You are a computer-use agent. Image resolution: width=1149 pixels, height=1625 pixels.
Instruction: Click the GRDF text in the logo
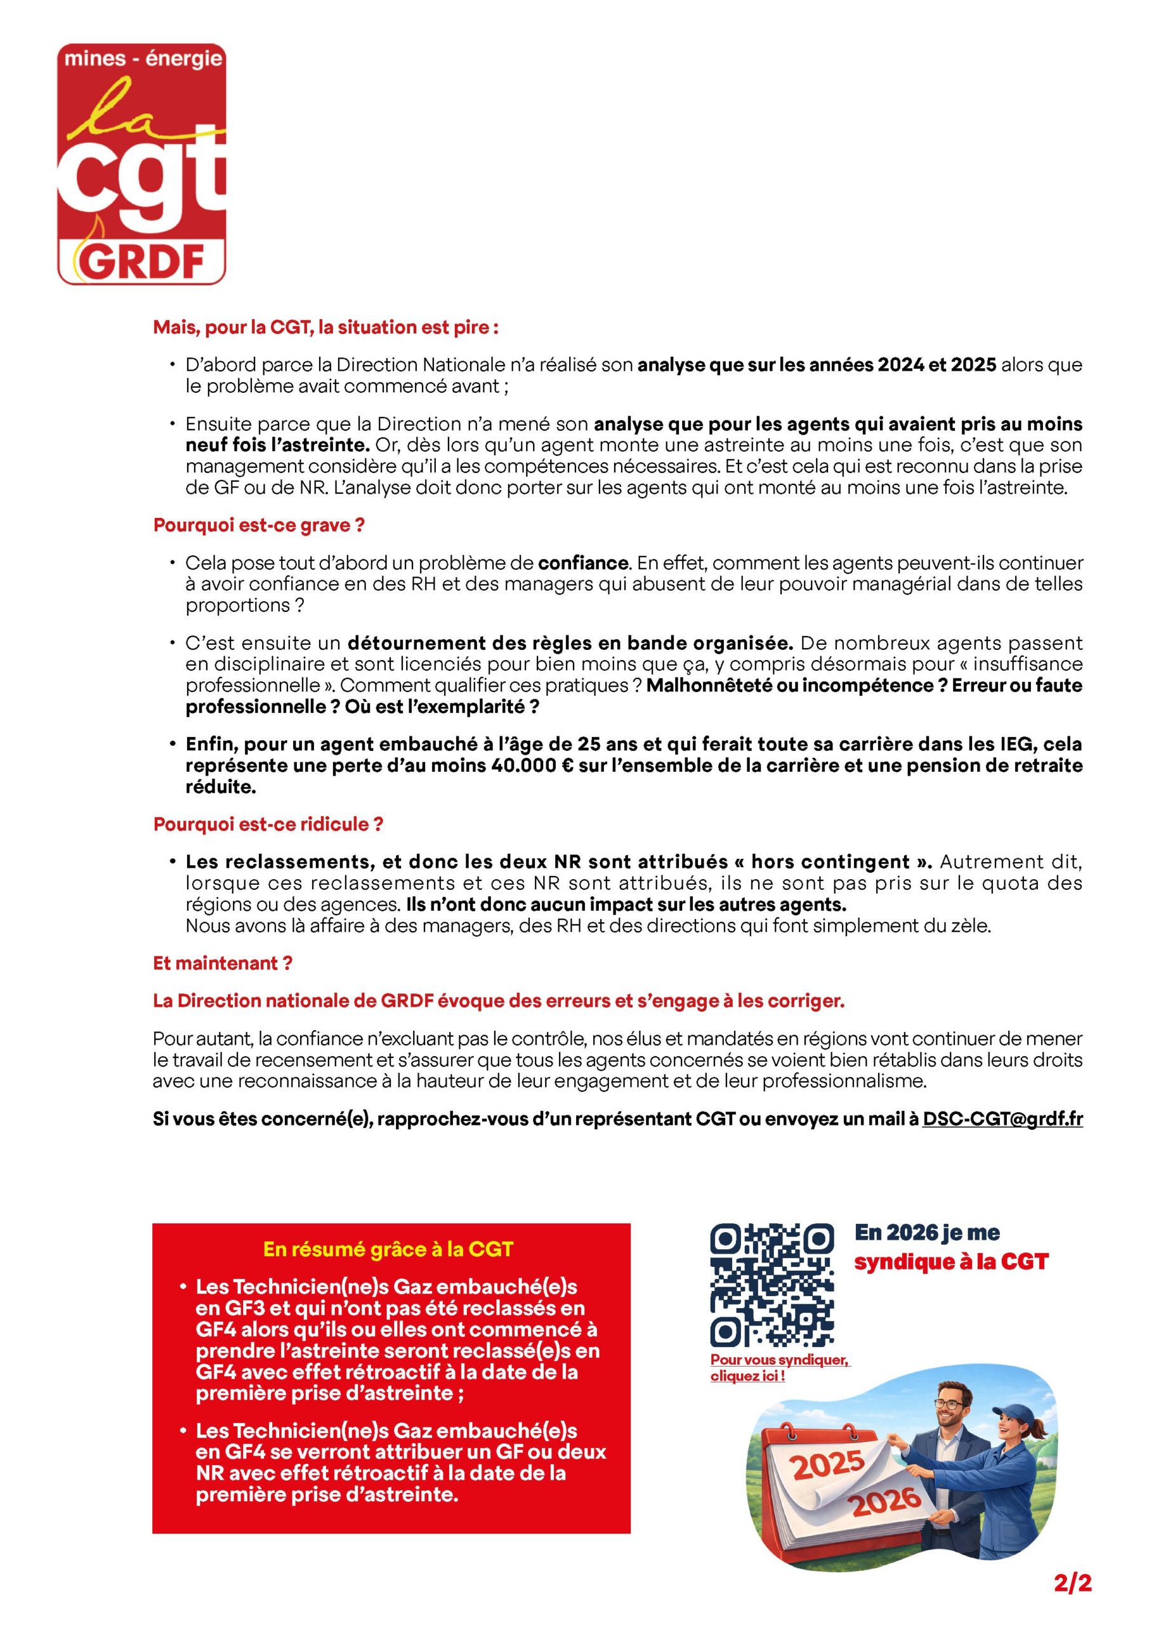pyautogui.click(x=141, y=263)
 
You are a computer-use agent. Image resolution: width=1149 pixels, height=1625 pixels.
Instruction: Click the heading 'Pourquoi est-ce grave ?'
pyautogui.click(x=259, y=525)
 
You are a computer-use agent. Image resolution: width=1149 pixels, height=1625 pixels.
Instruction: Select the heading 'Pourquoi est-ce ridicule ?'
pyautogui.click(x=268, y=824)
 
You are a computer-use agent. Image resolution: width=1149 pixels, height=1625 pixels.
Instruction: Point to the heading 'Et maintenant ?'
pyautogui.click(x=222, y=962)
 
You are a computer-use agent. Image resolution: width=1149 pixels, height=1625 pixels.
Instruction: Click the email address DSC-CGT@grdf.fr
pyautogui.click(x=1002, y=1119)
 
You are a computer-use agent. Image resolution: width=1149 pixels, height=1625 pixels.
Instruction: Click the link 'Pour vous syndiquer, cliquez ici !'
pyautogui.click(x=779, y=1368)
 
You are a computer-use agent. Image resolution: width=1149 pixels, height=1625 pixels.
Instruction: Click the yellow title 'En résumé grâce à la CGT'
pyautogui.click(x=388, y=1249)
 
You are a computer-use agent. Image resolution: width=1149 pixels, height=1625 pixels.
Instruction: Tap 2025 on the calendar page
pyautogui.click(x=828, y=1464)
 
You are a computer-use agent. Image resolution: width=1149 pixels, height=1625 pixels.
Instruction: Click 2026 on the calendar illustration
pyautogui.click(x=885, y=1502)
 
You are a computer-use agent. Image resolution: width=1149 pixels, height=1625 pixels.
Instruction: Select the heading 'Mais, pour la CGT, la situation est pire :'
pyautogui.click(x=326, y=327)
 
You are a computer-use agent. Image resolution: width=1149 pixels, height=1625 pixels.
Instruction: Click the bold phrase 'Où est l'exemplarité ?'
pyautogui.click(x=442, y=706)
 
